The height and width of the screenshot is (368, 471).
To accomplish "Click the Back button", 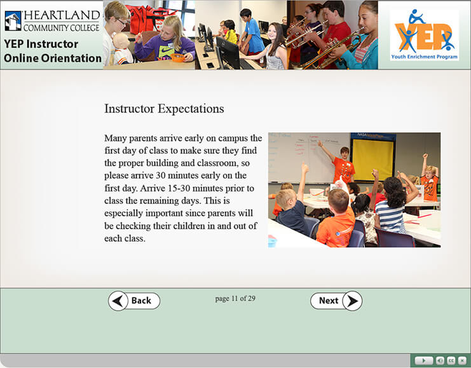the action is coord(134,301).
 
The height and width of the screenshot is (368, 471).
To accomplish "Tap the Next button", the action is coord(336,301).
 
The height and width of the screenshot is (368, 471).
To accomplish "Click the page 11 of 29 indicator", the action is coord(235,299).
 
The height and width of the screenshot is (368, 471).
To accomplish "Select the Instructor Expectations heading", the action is coord(164,109).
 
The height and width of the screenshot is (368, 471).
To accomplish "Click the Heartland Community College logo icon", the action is coord(13,21).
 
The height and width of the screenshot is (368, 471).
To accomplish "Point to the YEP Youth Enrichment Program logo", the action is coord(425,35).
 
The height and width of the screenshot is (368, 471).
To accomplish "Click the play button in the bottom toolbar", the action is coord(423,360).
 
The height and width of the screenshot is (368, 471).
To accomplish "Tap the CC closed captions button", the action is coord(451,360).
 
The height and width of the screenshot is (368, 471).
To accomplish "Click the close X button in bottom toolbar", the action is coord(462,360).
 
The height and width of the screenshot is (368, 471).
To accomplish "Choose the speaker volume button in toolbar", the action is coord(440,360).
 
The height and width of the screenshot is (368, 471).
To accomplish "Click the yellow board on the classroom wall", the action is coord(372,160).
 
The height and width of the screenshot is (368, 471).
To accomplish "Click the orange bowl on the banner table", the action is coord(177,57).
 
